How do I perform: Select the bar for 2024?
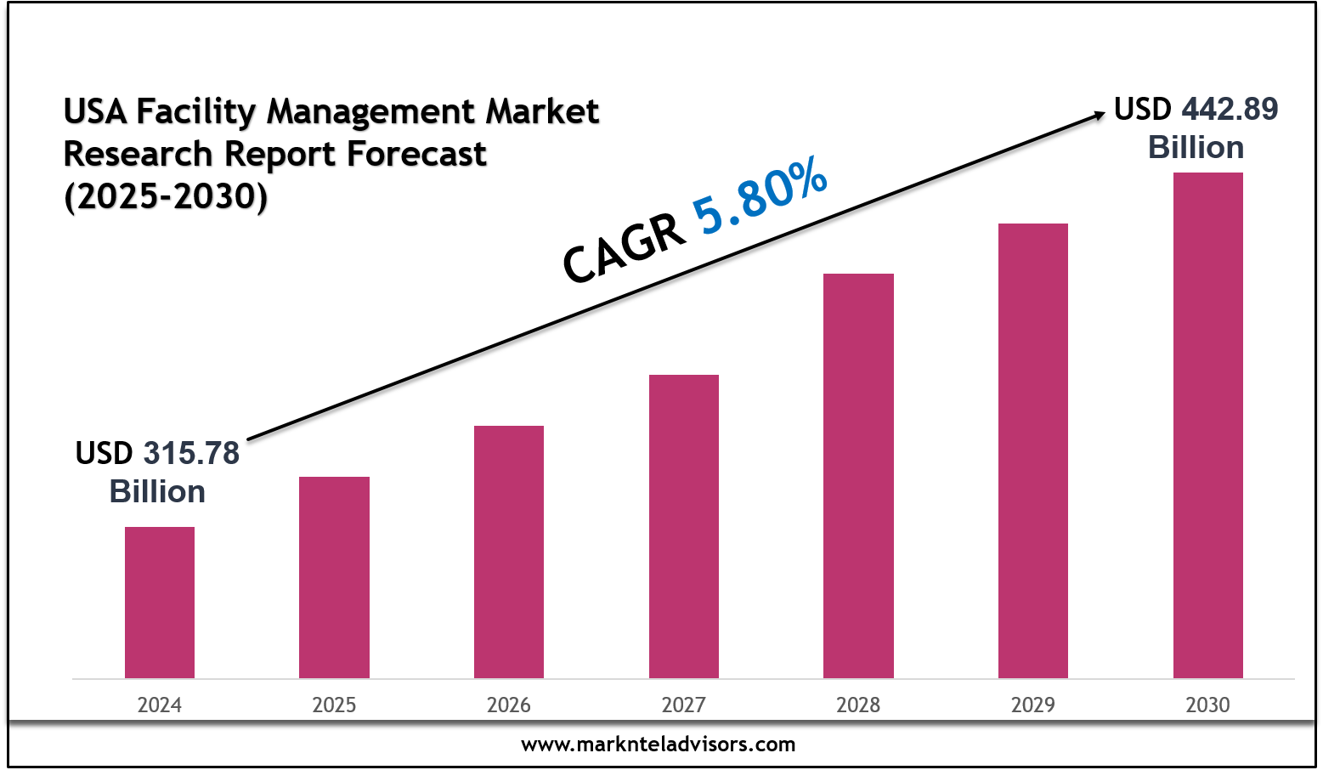pos(160,603)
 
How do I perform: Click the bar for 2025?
pos(334,577)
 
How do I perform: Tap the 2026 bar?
pos(509,552)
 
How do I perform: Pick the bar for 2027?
pos(684,526)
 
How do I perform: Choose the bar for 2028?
pos(858,476)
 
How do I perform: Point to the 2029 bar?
pos(1033,450)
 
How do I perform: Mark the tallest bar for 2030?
pos(1207,425)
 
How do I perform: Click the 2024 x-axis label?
pos(160,705)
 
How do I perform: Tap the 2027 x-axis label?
pos(684,705)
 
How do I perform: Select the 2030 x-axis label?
pos(1207,705)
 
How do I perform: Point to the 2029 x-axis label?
pos(1033,705)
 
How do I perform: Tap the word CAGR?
pos(625,248)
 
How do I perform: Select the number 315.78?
pos(191,453)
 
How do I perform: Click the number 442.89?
pos(1230,109)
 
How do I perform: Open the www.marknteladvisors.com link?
pos(659,745)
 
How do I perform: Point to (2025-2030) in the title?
pos(166,196)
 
